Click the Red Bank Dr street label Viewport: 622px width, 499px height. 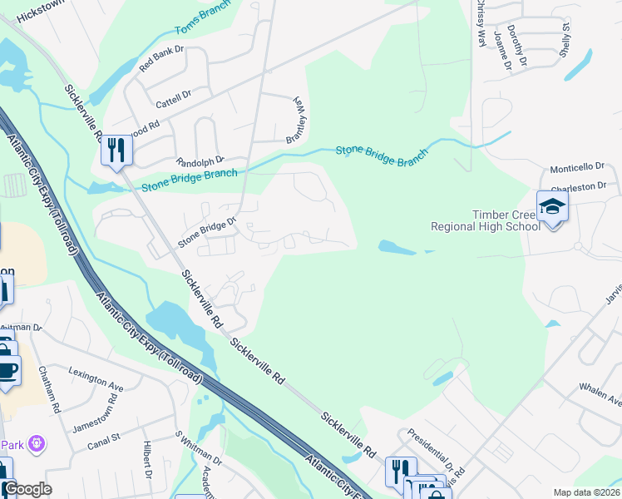(x=161, y=60)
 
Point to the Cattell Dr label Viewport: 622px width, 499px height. (x=173, y=99)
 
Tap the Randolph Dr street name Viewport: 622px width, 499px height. (x=200, y=161)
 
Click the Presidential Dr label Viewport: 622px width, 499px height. (x=429, y=453)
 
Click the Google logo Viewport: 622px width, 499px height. (x=27, y=489)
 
